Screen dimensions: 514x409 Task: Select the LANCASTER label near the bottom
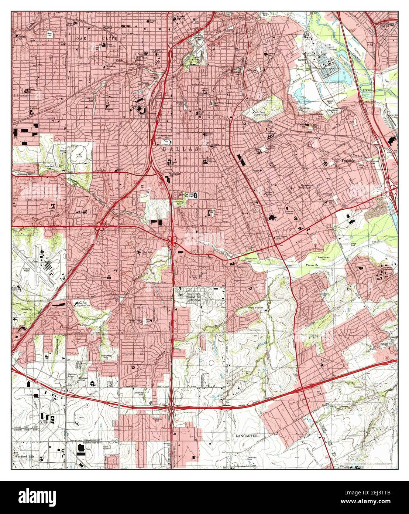pos(246,436)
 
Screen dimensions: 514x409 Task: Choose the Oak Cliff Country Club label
pos(84,305)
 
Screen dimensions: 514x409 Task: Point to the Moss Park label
pos(50,34)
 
